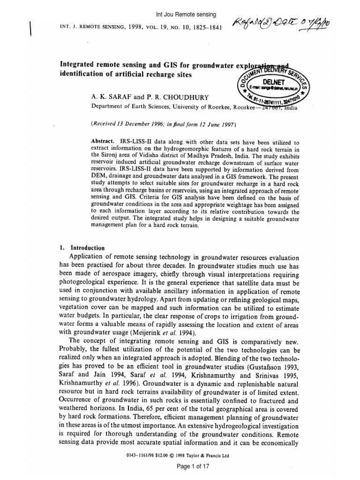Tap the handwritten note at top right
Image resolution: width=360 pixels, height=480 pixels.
pos(291,32)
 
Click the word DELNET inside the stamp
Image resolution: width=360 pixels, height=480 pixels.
pos(271,80)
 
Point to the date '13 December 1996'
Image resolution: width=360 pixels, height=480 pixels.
pos(143,124)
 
